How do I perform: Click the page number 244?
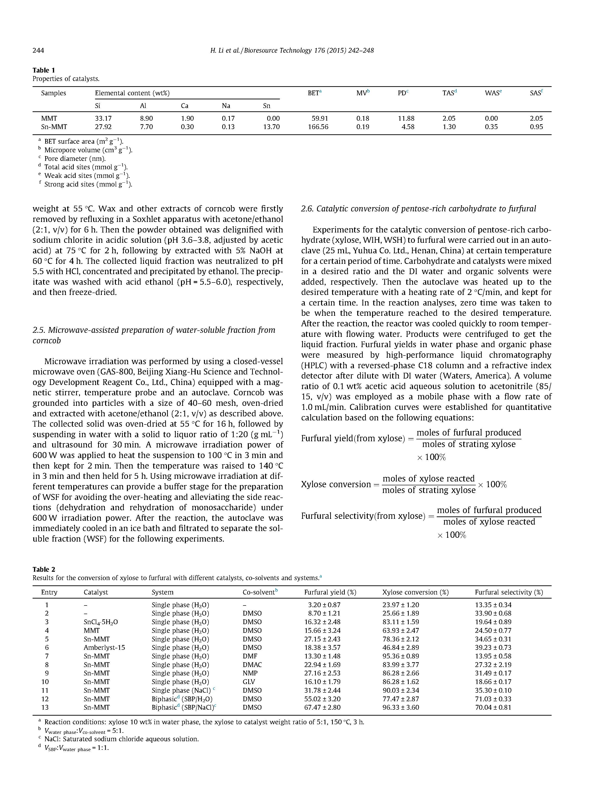38,51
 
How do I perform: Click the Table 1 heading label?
44,70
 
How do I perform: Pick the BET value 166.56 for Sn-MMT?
318,127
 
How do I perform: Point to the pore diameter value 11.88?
406,118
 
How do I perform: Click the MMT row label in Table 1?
49,118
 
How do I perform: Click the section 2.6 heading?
418,209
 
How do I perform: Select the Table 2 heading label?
44,569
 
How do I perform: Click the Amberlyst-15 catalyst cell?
104,647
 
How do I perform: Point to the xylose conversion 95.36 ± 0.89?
400,656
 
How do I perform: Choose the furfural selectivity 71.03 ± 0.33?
493,699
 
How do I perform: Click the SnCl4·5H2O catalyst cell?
100,622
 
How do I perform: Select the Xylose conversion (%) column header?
415,592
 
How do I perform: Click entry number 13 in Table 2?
45,707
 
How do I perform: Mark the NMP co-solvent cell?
250,673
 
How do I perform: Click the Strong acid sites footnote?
88,184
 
